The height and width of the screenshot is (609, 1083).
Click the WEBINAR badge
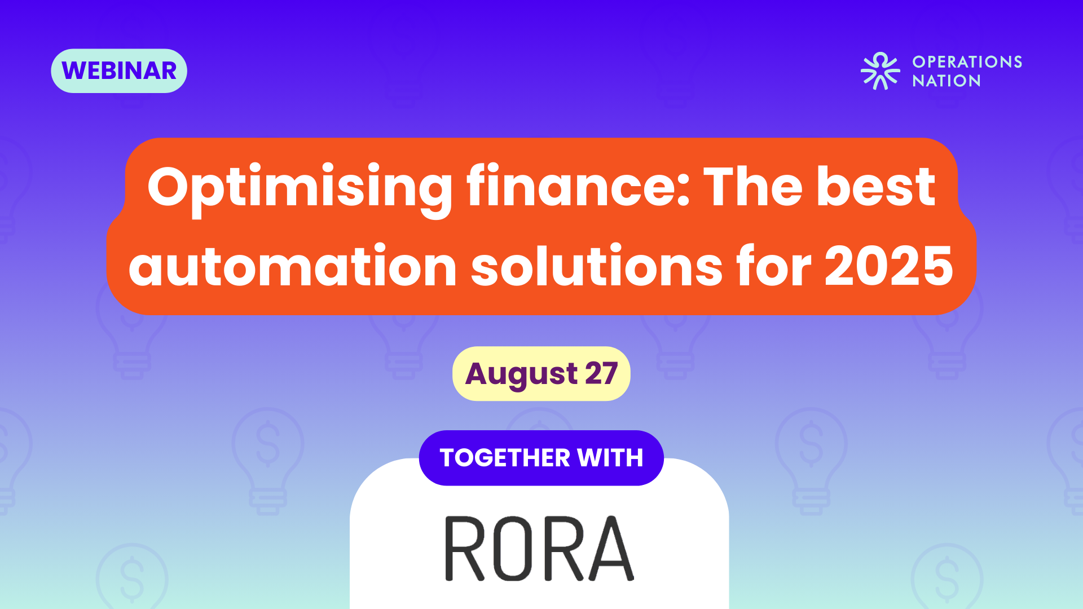pos(119,71)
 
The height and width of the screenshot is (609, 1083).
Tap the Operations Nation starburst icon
pos(880,71)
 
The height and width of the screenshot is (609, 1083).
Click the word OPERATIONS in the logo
pos(967,61)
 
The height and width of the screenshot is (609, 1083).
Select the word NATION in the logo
pos(946,81)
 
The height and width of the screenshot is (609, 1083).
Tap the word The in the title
pos(753,187)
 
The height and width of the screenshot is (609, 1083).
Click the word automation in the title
pos(293,266)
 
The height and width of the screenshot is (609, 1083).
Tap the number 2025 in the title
pos(889,266)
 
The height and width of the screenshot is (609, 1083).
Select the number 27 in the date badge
pos(601,373)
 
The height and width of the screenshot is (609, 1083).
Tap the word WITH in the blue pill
pos(610,458)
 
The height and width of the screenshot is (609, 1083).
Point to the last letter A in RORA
pos(611,549)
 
